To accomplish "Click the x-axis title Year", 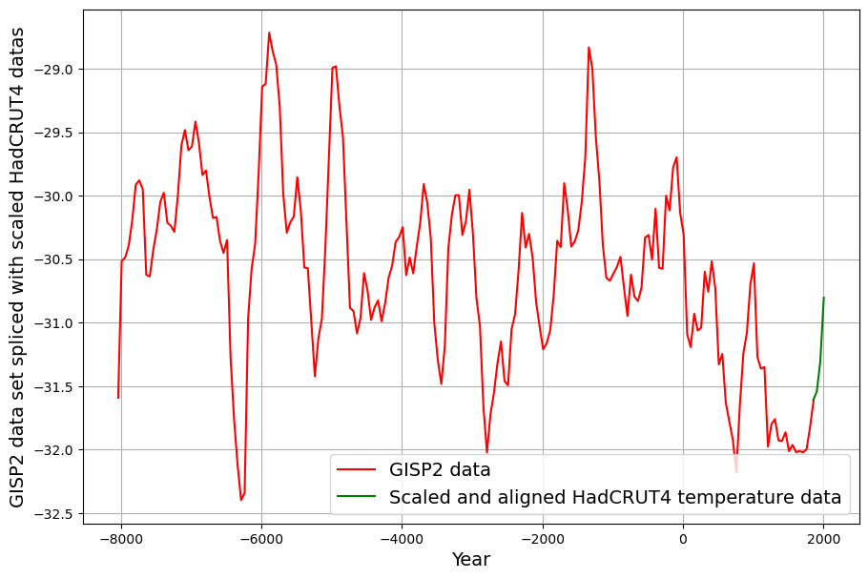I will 471,560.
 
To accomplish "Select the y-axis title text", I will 18,266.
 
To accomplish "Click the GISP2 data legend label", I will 440,469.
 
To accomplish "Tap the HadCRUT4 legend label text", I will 615,497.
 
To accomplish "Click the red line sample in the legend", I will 358,469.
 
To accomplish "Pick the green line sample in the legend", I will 358,497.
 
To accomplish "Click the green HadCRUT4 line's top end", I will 823,298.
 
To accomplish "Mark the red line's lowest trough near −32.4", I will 241,500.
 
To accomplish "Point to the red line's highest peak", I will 269,32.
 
